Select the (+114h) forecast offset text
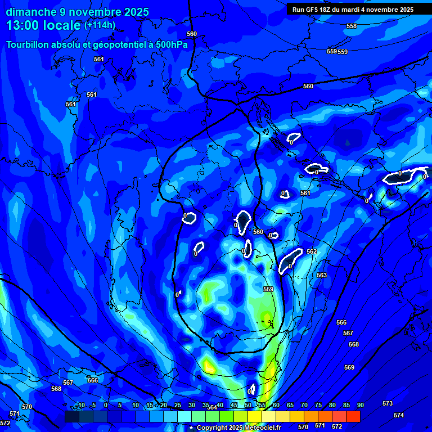pos(100,25)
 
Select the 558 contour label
pos(352,26)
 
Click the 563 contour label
pos(322,275)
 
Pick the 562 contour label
pos(312,251)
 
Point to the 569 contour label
pos(349,367)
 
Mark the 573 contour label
pos(388,403)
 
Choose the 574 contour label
pos(399,415)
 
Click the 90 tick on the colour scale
pos(360,405)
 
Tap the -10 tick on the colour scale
pos(80,405)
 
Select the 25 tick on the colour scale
pos(178,405)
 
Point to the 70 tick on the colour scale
pos(304,405)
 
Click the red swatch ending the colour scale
pos(353,416)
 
